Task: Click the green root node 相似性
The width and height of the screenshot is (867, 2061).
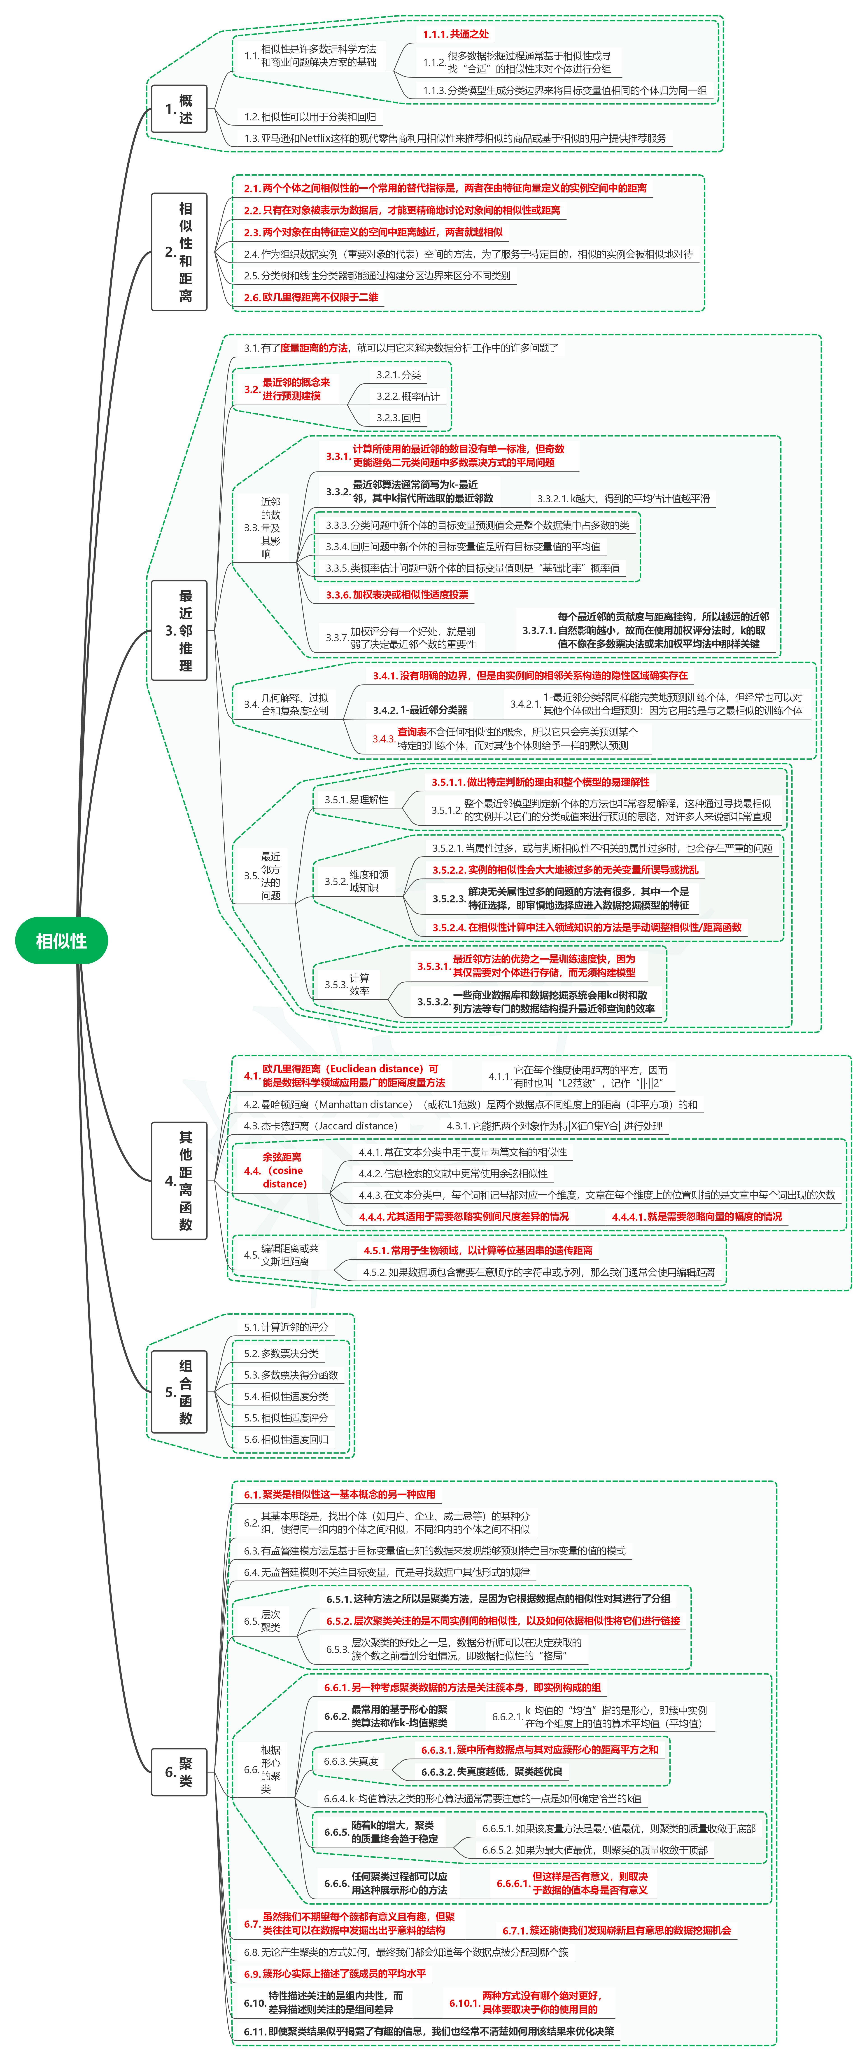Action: [x=62, y=941]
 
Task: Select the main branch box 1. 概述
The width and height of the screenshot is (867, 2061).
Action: [x=179, y=109]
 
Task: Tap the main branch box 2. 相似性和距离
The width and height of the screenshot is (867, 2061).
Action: [x=179, y=252]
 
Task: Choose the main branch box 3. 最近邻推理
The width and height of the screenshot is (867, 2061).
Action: [x=179, y=630]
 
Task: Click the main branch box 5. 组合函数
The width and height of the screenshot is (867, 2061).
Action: [x=179, y=1392]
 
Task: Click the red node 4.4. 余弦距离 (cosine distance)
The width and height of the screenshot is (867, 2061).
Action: [x=276, y=1171]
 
